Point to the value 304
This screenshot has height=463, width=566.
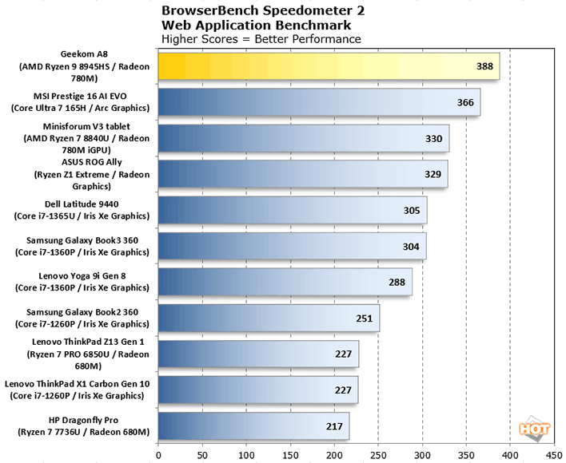coord(411,246)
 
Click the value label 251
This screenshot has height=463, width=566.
coord(365,318)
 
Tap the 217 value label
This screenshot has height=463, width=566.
coord(335,426)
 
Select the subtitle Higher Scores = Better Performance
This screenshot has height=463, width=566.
coord(261,38)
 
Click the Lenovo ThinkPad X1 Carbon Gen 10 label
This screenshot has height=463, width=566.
coord(77,384)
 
